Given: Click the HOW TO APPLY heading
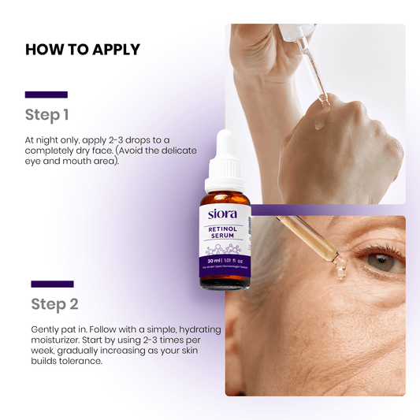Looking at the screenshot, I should click(82, 49).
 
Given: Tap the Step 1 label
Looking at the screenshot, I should click(46, 115).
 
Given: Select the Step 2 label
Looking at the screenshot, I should click(54, 304).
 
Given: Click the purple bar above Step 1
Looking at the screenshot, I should click(46, 95).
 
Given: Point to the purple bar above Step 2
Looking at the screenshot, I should click(52, 284).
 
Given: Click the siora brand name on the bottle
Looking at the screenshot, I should click(223, 214).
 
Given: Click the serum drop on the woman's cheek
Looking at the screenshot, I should click(340, 269).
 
